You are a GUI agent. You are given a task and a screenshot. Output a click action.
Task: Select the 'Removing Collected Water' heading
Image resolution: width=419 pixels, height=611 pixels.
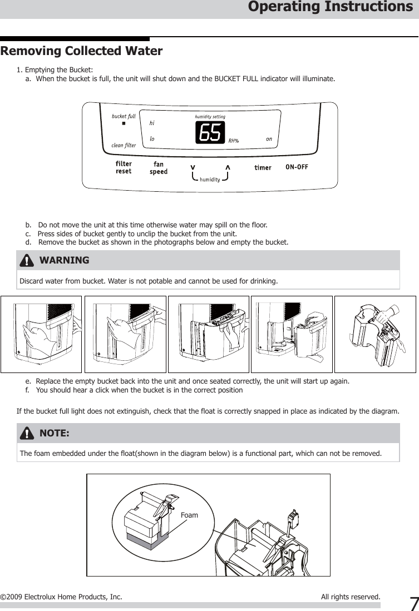tap(82, 52)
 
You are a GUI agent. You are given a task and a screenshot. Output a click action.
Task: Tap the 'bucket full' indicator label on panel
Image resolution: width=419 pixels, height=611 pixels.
tap(124, 116)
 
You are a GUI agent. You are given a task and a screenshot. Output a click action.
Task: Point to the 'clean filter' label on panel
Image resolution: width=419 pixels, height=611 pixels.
tap(124, 146)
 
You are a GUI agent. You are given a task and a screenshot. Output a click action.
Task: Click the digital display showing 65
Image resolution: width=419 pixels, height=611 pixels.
tap(209, 132)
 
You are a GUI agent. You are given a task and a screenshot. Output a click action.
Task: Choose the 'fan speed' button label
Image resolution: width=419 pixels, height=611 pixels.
tap(159, 168)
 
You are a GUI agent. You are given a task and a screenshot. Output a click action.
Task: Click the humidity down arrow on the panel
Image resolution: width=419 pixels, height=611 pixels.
tap(193, 167)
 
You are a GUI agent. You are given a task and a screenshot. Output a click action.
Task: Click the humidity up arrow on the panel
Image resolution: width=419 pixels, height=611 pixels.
tap(228, 167)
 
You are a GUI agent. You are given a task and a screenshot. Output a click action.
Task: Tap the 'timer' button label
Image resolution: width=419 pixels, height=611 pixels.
tap(263, 168)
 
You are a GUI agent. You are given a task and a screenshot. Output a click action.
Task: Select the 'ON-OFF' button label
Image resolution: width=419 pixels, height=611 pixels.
tap(297, 167)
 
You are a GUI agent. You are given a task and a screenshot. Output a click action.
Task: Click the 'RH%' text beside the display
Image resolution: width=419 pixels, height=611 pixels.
tap(234, 141)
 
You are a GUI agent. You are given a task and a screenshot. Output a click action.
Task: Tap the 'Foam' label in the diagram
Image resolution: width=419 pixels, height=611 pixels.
tap(189, 515)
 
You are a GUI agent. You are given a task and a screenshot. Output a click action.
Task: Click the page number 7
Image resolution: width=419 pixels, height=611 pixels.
tap(413, 603)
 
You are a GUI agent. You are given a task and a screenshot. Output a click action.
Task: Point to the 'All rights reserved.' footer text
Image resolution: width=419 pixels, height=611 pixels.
tap(351, 597)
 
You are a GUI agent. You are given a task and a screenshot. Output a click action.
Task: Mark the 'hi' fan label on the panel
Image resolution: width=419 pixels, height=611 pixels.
tap(152, 123)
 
